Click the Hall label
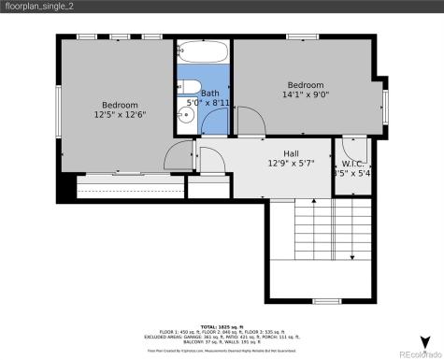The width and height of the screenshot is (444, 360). pos(292,152)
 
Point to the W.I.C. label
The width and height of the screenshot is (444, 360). pos(352,162)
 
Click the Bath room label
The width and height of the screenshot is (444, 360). pos(209,93)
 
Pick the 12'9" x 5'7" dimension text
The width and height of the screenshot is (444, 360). pos(292,163)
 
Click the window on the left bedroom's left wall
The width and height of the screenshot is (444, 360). pos(58,108)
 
